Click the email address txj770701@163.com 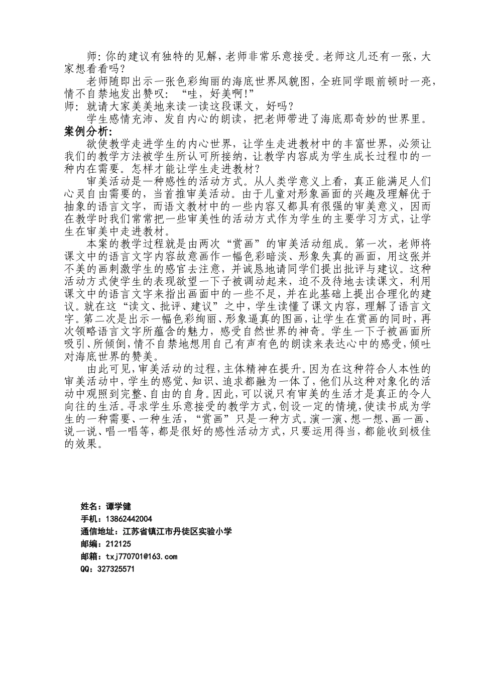tap(141, 556)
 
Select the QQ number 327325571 tap(115, 569)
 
